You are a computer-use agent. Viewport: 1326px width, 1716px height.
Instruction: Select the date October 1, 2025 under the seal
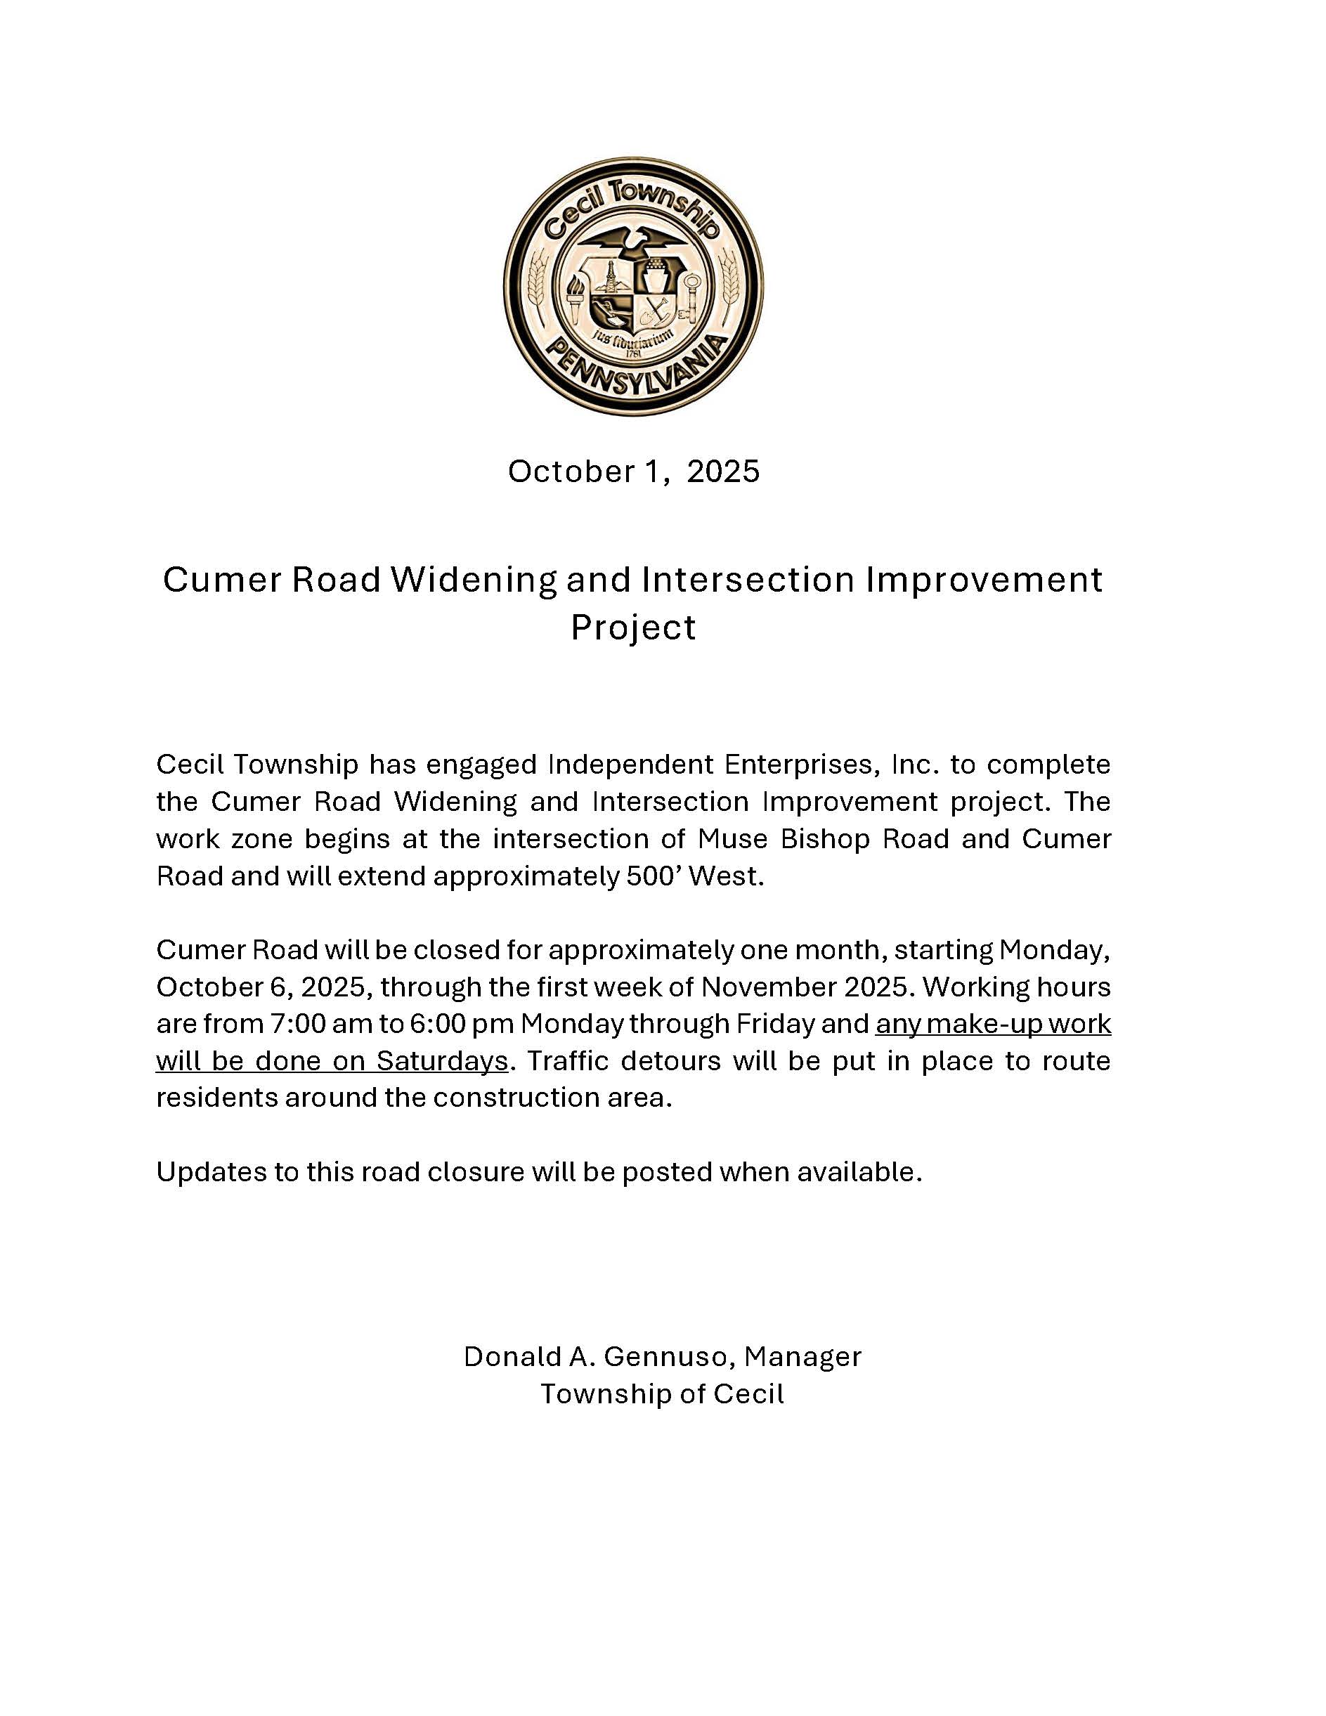[634, 472]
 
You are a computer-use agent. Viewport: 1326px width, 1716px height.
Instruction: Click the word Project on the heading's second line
[633, 628]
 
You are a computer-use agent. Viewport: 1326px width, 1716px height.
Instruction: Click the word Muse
[733, 839]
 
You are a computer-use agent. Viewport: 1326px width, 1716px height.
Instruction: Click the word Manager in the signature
[802, 1357]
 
